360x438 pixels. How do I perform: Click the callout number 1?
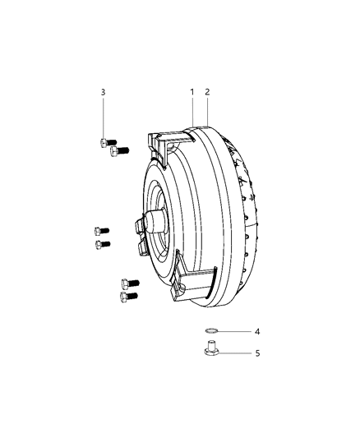pos(192,92)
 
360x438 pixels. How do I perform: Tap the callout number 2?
pos(207,92)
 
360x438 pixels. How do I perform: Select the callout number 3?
pos(103,92)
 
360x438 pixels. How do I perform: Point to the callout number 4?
pos(257,331)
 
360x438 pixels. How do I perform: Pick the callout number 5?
pos(257,353)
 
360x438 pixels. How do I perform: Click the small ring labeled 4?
pos(210,331)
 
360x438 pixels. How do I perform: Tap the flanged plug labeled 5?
pos(211,348)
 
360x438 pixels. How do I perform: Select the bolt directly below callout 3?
pos(108,142)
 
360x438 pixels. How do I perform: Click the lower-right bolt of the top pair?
pos(119,151)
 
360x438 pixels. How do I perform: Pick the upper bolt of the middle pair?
pos(102,231)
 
